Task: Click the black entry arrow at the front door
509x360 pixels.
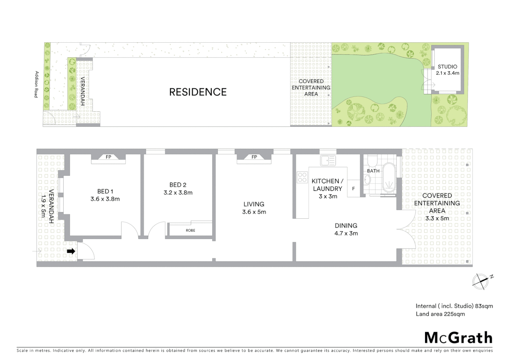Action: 71,251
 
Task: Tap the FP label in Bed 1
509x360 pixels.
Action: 108,157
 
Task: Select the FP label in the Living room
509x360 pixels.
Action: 254,157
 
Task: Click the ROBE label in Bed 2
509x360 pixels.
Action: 191,230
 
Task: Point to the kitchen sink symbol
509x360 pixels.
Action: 328,161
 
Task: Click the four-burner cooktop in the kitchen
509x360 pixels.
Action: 302,177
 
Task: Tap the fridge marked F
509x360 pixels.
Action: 353,189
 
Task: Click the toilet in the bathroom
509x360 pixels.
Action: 372,161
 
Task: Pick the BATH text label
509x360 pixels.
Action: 373,171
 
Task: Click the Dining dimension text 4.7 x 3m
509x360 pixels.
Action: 346,233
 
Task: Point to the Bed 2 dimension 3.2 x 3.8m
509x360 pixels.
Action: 178,193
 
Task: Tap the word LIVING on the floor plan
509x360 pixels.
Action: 254,204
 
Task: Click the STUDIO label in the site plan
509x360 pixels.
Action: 447,67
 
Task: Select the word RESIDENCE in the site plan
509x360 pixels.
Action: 198,92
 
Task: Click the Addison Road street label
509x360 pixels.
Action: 37,84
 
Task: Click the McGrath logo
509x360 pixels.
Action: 458,338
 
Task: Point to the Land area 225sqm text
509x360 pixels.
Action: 440,314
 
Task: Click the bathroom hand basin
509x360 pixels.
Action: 367,180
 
